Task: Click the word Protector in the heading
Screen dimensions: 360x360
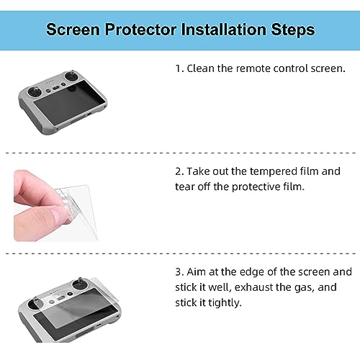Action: pyautogui.click(x=140, y=30)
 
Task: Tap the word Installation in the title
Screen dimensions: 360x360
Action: pyautogui.click(x=223, y=30)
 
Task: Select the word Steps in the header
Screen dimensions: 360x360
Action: pyautogui.click(x=293, y=30)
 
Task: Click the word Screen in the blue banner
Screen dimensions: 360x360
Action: pyautogui.click(x=73, y=30)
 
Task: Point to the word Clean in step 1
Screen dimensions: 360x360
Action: pyautogui.click(x=201, y=68)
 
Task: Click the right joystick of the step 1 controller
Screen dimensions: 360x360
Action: pyautogui.click(x=72, y=76)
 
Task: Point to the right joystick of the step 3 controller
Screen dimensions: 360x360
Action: pyautogui.click(x=81, y=285)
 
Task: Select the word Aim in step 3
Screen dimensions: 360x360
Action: pyautogui.click(x=197, y=272)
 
